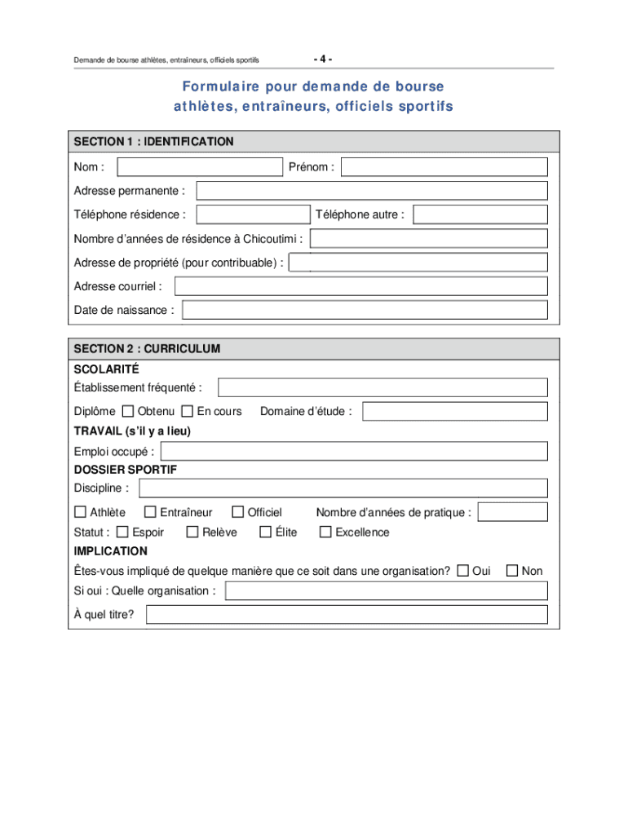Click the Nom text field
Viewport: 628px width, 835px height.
[200, 167]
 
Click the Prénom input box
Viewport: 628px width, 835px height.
[444, 167]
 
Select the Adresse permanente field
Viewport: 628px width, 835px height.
[372, 191]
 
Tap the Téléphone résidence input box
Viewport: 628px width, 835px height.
[254, 214]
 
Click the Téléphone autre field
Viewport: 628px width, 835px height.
[480, 214]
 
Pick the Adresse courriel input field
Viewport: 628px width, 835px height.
[361, 286]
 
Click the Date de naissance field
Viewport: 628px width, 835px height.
[365, 310]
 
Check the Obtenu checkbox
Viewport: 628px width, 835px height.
[128, 411]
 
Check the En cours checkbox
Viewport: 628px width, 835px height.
[188, 411]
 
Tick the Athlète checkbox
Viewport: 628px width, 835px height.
[80, 512]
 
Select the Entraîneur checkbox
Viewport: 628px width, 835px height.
[150, 512]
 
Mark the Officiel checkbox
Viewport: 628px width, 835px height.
[238, 512]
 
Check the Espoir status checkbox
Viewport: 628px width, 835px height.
[122, 532]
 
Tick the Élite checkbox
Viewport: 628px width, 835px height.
[265, 532]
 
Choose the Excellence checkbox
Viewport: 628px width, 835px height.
[325, 532]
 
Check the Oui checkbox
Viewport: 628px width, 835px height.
[463, 571]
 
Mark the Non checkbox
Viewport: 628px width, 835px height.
[512, 571]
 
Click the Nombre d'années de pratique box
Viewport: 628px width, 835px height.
[513, 512]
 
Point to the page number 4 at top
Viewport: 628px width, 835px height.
[322, 60]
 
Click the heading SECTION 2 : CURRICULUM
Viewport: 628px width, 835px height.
[147, 349]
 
